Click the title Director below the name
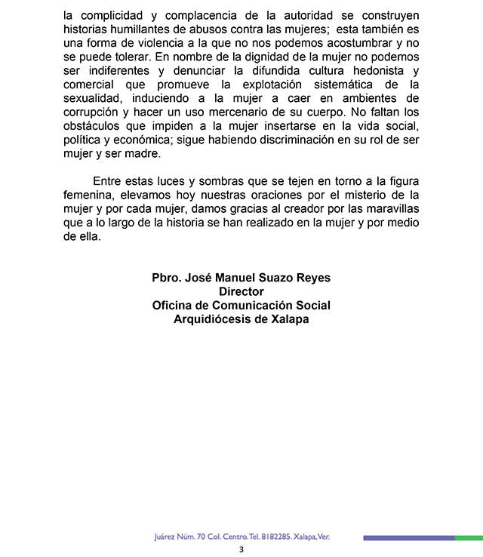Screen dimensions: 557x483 241,291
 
